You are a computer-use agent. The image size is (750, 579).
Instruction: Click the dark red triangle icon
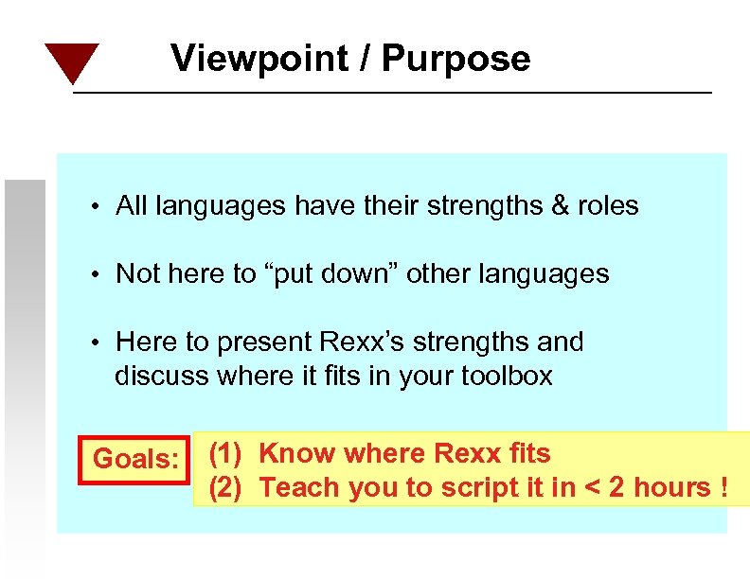pos(72,61)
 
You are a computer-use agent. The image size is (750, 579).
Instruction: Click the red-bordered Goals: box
pos(135,460)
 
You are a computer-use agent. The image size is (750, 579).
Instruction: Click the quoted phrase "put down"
pos(336,274)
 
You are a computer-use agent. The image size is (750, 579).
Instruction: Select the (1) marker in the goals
pos(223,454)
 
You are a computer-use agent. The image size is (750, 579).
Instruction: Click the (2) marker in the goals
pos(223,488)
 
